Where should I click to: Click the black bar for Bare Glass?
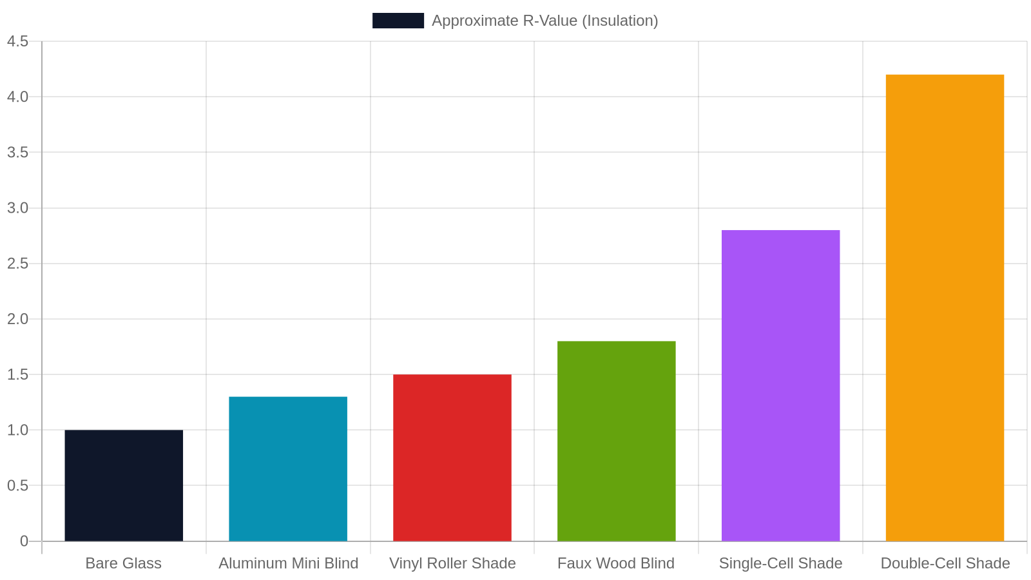pyautogui.click(x=124, y=486)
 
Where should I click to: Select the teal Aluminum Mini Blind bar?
pyautogui.click(x=288, y=469)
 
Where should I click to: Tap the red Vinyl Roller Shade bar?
pyautogui.click(x=452, y=458)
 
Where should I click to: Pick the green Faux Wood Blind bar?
pyautogui.click(x=617, y=441)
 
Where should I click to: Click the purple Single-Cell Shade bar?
pyautogui.click(x=780, y=386)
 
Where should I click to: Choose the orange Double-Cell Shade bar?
pyautogui.click(x=945, y=308)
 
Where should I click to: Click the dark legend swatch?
pyautogui.click(x=398, y=21)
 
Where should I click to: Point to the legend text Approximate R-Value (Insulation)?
pyautogui.click(x=545, y=21)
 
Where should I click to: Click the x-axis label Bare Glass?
pyautogui.click(x=123, y=563)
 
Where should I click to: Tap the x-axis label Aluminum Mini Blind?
pyautogui.click(x=288, y=563)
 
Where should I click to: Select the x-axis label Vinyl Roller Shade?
pyautogui.click(x=452, y=563)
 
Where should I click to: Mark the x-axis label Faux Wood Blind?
pyautogui.click(x=616, y=563)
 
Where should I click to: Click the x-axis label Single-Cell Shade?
pyautogui.click(x=780, y=563)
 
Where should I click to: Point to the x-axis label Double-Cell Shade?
pyautogui.click(x=945, y=563)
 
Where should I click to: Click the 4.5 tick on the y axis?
pyautogui.click(x=18, y=41)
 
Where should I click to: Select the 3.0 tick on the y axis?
pyautogui.click(x=18, y=208)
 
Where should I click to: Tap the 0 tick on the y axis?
pyautogui.click(x=24, y=541)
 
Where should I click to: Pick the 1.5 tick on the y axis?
pyautogui.click(x=18, y=374)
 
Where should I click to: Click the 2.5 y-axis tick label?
pyautogui.click(x=18, y=264)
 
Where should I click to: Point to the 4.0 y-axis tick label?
pyautogui.click(x=18, y=97)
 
